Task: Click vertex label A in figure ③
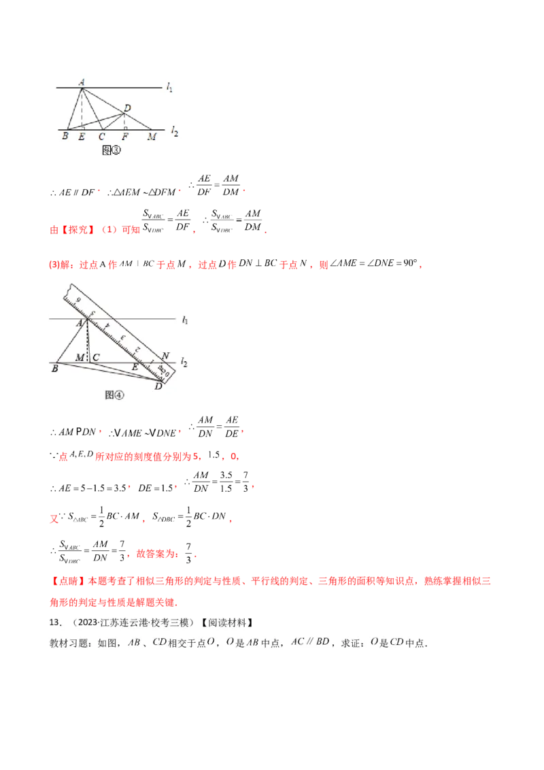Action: click(82, 82)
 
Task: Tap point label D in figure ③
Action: click(128, 107)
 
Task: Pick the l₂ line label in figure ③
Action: click(175, 130)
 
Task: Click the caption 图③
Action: click(111, 151)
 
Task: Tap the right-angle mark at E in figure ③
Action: click(83, 127)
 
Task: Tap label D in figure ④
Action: click(158, 387)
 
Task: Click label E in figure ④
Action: click(135, 367)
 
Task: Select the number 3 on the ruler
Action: click(120, 337)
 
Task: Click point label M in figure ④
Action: click(80, 357)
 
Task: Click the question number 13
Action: click(55, 622)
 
